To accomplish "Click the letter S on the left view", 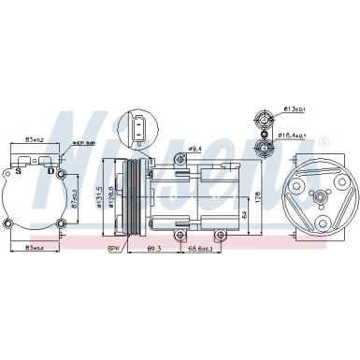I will pyautogui.click(x=18, y=171).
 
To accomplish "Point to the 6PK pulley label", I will pyautogui.click(x=115, y=247).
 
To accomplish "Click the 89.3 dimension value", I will pyautogui.click(x=154, y=247).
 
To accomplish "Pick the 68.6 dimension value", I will pyautogui.click(x=197, y=247).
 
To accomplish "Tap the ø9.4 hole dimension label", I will pyautogui.click(x=195, y=148).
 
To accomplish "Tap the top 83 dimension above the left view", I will pyautogui.click(x=34, y=139).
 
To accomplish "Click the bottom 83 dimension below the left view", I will pyautogui.click(x=34, y=247).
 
